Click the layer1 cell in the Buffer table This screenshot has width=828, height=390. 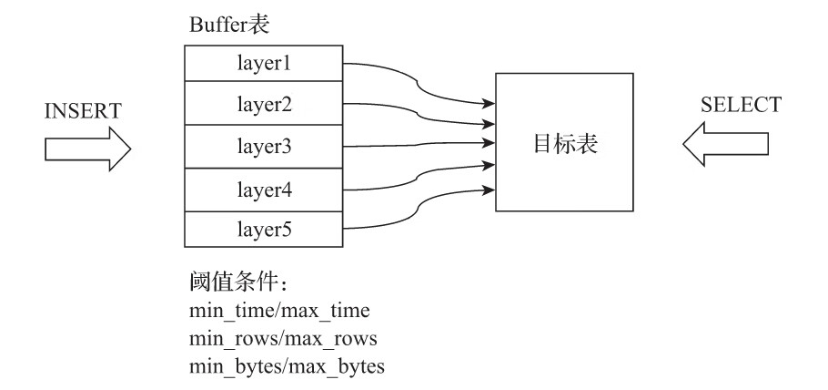tap(263, 65)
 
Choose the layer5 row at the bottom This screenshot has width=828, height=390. tap(263, 229)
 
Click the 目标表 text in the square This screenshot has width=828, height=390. tap(565, 143)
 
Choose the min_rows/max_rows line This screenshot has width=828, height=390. tap(278, 340)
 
